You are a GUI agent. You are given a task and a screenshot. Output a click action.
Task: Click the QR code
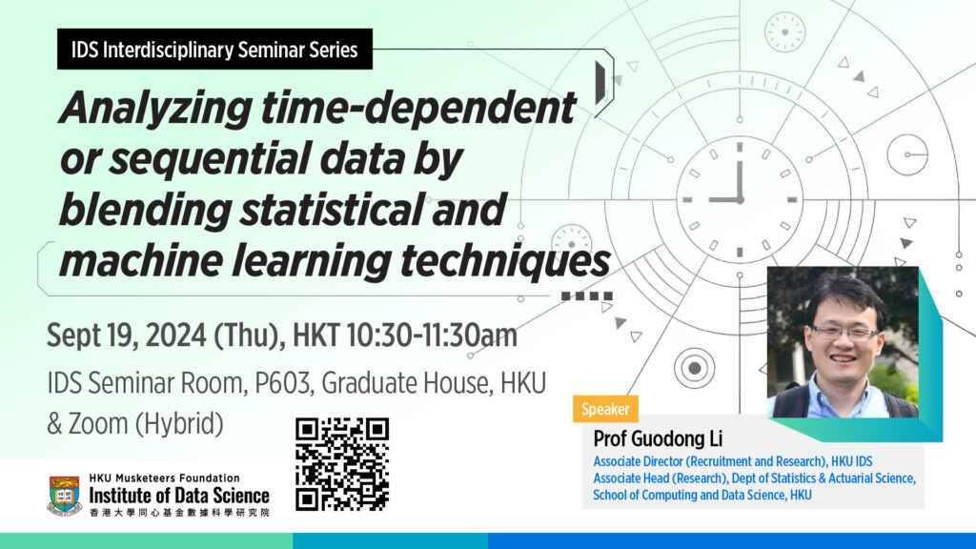click(x=342, y=464)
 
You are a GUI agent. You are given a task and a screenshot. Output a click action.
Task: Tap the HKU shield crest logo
click(x=65, y=495)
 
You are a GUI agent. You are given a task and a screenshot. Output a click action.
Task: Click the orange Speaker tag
click(x=605, y=409)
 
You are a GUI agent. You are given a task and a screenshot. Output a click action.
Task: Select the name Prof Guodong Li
click(x=658, y=438)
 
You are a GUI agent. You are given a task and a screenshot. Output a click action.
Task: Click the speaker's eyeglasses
click(x=844, y=332)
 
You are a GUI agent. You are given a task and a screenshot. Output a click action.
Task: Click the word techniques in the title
click(x=505, y=260)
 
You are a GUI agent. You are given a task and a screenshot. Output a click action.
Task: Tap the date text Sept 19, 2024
click(x=127, y=335)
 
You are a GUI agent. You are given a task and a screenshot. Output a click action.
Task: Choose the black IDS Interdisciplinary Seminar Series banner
click(x=214, y=50)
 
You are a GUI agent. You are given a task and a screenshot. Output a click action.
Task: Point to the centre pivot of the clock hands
click(x=740, y=200)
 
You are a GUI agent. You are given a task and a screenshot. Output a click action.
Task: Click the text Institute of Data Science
click(x=179, y=496)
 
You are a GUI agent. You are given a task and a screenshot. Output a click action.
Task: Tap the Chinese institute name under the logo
click(x=179, y=512)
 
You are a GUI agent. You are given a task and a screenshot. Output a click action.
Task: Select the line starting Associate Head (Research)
click(x=754, y=478)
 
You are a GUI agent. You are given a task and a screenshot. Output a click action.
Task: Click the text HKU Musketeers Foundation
click(x=164, y=478)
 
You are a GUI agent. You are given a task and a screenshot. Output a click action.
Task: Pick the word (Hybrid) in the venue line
click(x=179, y=424)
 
